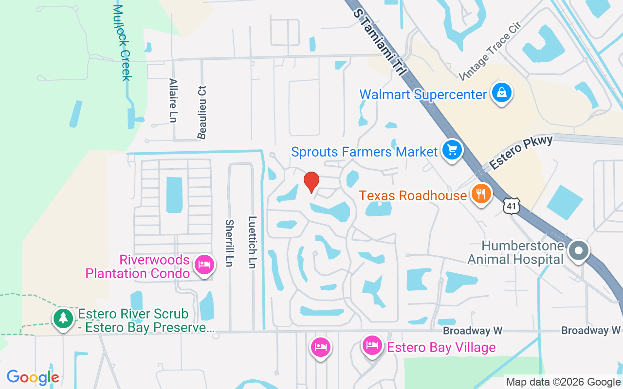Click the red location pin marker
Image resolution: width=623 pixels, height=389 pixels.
point(311,182)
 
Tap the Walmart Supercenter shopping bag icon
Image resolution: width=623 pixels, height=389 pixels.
point(500,92)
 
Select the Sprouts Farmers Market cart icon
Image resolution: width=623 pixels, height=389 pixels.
point(452,150)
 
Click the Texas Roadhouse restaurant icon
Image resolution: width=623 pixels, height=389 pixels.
point(481,194)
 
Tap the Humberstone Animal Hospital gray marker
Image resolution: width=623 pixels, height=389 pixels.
point(579,251)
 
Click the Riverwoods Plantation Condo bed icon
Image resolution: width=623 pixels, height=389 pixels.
point(204,265)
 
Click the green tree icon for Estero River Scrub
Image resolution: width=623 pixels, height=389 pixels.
point(63,318)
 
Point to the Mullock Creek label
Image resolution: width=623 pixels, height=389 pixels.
point(123,43)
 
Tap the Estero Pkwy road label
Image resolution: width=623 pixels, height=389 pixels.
point(521,153)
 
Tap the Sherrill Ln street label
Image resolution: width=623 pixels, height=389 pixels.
point(229,243)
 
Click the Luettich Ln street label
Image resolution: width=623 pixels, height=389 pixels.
point(252,242)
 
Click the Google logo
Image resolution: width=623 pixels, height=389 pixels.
point(33,377)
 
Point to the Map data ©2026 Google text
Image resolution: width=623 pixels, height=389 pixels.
point(563,382)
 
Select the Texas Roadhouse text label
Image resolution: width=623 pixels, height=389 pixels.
point(413,195)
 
